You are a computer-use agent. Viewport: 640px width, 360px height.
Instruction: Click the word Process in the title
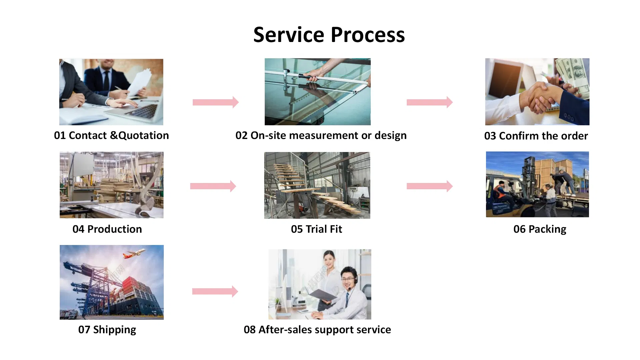(x=368, y=35)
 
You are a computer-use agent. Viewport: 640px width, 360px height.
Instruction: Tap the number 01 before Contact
(x=60, y=136)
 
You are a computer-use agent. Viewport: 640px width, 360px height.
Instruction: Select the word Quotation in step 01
(x=143, y=136)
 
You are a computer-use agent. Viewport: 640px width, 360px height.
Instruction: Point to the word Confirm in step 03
(x=519, y=136)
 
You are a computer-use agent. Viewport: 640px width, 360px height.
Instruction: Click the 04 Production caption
(x=107, y=229)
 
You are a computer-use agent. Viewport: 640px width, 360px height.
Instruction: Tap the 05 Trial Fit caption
(x=316, y=229)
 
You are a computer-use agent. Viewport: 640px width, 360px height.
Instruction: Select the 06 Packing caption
(x=540, y=229)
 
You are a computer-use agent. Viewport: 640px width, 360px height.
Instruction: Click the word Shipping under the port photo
(x=114, y=330)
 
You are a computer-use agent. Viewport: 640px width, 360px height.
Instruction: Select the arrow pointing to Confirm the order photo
(x=429, y=102)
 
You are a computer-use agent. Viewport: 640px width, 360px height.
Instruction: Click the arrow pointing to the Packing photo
(x=429, y=186)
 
